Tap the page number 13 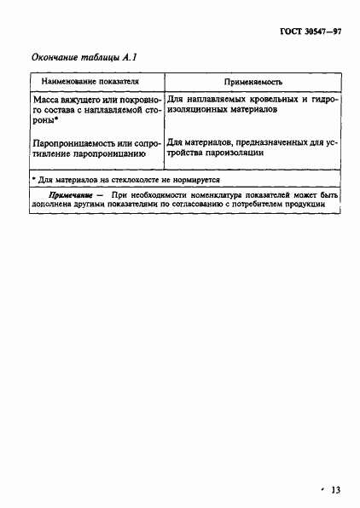point(335,489)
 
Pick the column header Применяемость point(253,83)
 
